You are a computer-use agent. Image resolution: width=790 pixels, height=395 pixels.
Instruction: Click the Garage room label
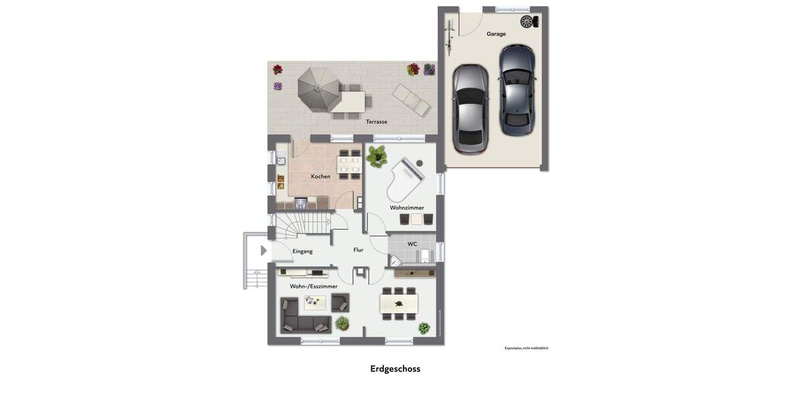pos(496,34)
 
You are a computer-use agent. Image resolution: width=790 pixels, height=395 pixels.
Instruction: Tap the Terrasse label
pos(377,121)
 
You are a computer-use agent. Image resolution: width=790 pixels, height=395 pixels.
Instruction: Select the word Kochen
pos(321,176)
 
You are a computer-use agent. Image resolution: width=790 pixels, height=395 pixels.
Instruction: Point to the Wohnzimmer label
pos(407,207)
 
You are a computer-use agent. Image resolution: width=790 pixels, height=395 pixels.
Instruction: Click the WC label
pos(412,244)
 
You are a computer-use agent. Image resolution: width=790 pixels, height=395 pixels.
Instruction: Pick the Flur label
pos(358,250)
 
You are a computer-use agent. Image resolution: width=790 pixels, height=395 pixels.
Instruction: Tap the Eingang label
pos(303,251)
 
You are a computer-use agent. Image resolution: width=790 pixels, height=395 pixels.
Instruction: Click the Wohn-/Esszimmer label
pos(313,286)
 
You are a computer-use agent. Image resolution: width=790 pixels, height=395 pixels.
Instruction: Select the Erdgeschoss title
pos(395,369)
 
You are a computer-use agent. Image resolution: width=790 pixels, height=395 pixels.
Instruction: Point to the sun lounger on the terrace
pos(411,101)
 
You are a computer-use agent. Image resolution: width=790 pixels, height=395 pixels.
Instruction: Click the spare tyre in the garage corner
pos(527,22)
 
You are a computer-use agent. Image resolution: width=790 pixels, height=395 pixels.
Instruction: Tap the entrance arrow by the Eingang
pos(264,251)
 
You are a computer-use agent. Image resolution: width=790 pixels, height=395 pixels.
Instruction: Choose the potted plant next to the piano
pos(377,155)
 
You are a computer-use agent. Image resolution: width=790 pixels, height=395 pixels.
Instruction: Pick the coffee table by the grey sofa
pos(315,302)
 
